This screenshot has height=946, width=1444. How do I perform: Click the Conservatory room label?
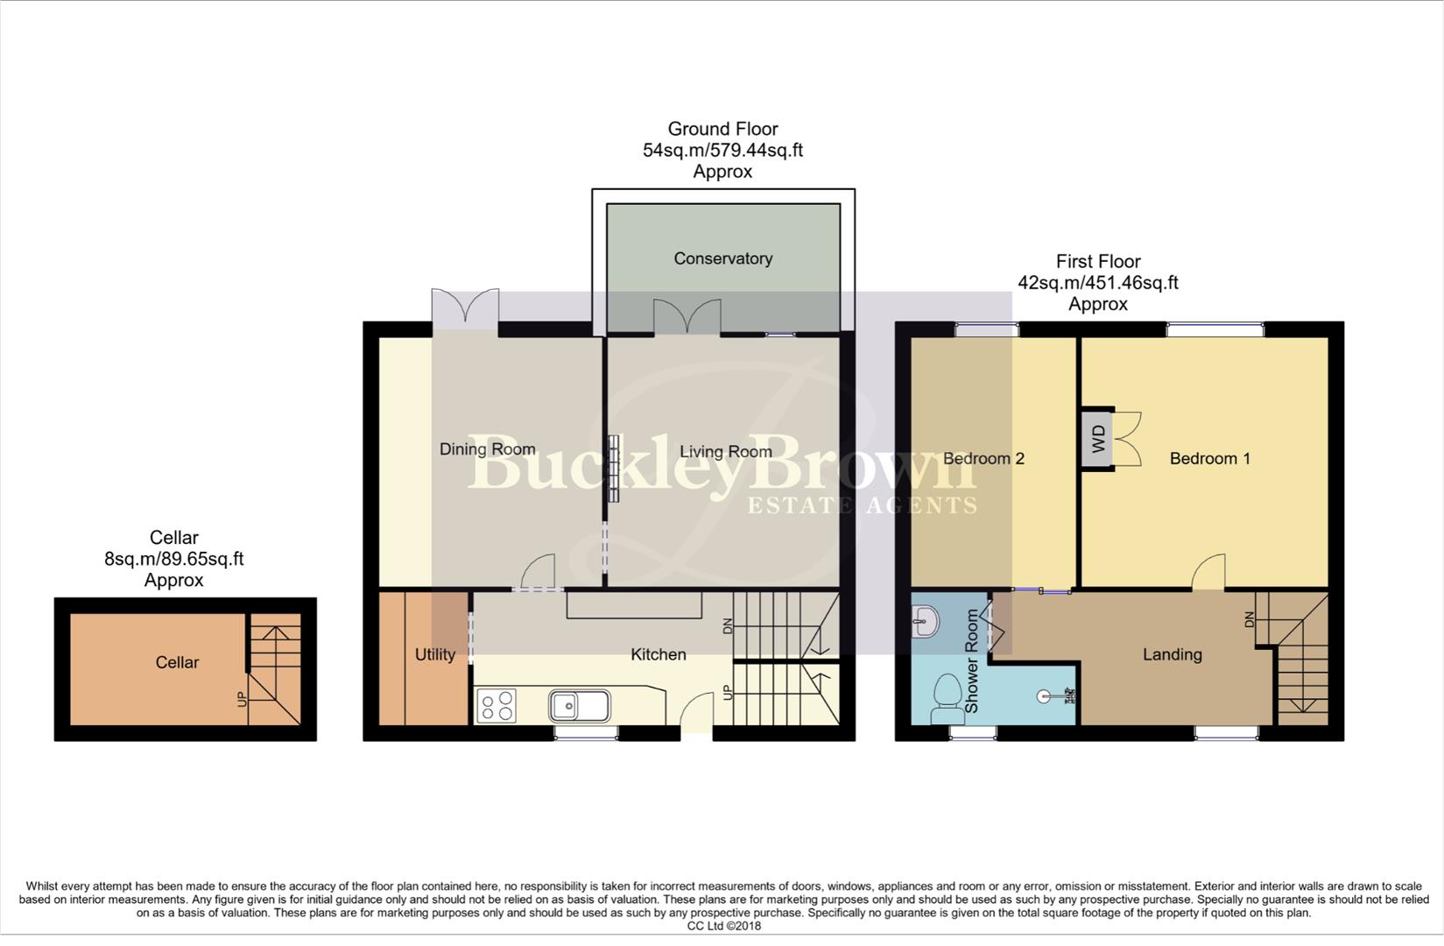click(x=722, y=258)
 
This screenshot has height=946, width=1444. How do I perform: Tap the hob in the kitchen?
click(x=497, y=705)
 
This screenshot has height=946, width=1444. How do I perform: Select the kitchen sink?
click(x=579, y=704)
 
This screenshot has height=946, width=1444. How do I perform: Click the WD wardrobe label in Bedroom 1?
click(x=1099, y=438)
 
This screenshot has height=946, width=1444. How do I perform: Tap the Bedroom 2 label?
click(x=983, y=458)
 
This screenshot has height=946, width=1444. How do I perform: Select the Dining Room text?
click(x=487, y=449)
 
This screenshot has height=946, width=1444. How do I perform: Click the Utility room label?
click(x=434, y=654)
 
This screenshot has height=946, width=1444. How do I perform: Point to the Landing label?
click(x=1172, y=654)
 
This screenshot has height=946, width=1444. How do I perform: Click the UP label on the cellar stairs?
click(x=243, y=698)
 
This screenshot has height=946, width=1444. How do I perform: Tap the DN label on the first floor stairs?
click(x=1250, y=618)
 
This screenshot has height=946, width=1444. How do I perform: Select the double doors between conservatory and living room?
click(x=687, y=315)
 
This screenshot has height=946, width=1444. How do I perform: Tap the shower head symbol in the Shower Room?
click(x=1046, y=697)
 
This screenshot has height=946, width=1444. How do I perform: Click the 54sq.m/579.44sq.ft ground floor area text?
click(x=722, y=150)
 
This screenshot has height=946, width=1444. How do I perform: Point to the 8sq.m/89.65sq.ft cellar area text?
click(x=173, y=559)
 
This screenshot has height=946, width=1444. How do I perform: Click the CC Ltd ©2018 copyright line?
click(x=723, y=926)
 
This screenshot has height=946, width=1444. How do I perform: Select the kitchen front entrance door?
click(x=697, y=711)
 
